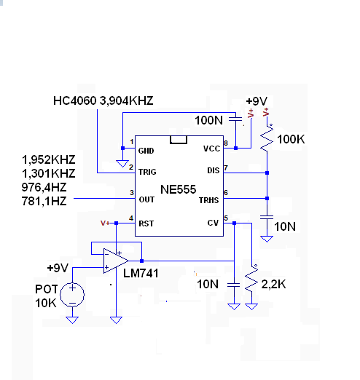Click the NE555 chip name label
(178, 189)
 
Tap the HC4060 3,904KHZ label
(103, 100)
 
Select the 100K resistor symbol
(267, 138)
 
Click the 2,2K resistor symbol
(251, 278)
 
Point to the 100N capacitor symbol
(235, 119)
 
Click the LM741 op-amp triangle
(116, 261)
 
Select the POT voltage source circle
(72, 295)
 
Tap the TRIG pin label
(147, 172)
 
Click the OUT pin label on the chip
(146, 199)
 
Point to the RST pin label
(146, 223)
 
